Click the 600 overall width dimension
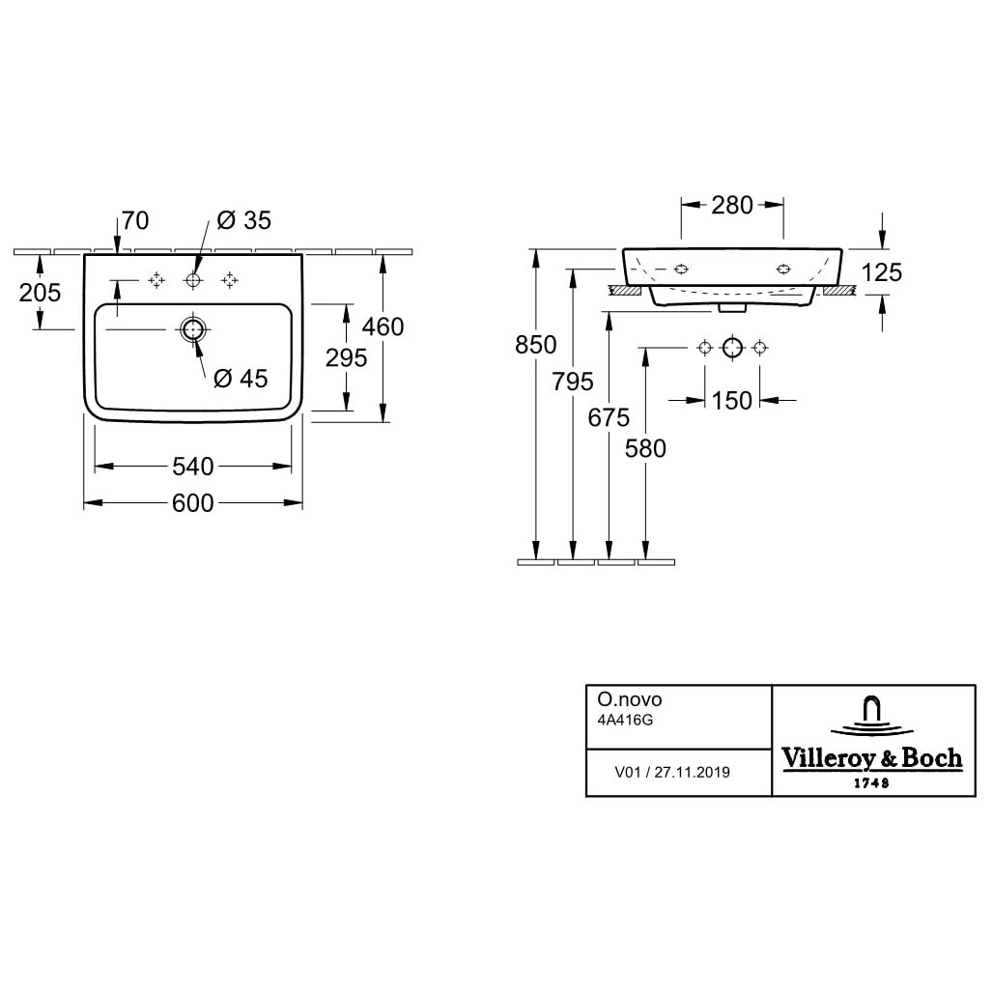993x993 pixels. click(x=193, y=503)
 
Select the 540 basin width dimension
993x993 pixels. click(x=193, y=467)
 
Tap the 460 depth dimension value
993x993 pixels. click(x=383, y=327)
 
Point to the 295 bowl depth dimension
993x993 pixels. click(x=347, y=357)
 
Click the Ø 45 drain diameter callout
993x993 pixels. click(x=241, y=379)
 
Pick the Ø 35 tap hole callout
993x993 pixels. click(x=244, y=221)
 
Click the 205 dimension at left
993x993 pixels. click(x=41, y=292)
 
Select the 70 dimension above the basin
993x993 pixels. click(x=135, y=221)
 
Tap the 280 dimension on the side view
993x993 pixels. click(x=732, y=205)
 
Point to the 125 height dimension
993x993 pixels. click(x=881, y=273)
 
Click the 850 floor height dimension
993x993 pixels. click(x=536, y=345)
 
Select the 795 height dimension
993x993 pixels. click(x=574, y=382)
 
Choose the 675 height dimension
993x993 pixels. click(x=609, y=417)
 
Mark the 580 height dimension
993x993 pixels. click(x=645, y=448)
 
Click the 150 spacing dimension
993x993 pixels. click(x=732, y=400)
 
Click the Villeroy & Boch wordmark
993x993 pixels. click(x=871, y=758)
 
